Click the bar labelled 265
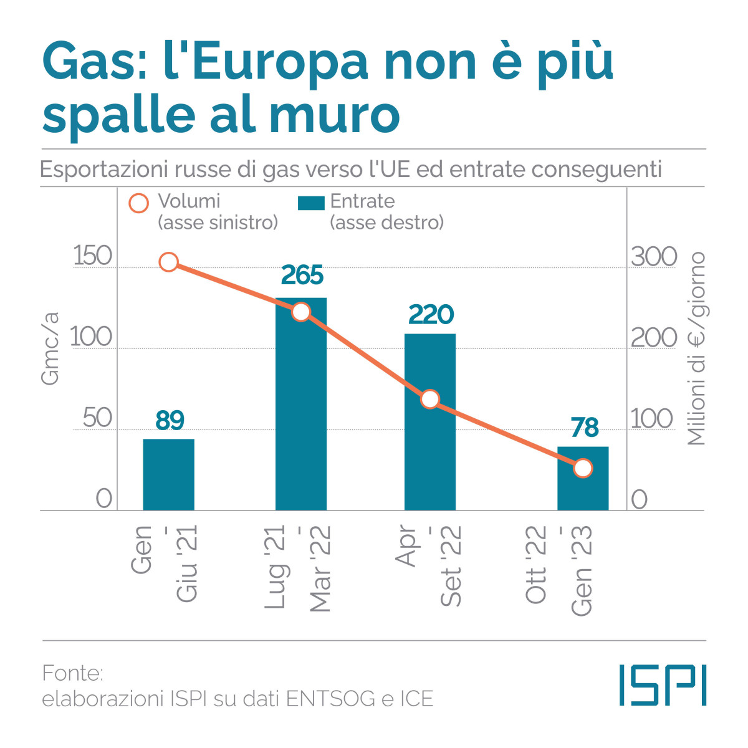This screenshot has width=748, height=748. click(301, 405)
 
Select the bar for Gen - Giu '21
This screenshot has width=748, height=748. click(168, 475)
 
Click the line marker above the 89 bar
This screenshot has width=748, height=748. click(169, 262)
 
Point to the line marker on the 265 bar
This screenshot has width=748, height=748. click(301, 312)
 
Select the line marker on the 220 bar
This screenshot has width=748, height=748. click(430, 399)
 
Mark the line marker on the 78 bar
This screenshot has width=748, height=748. click(583, 468)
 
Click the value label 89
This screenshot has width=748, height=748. click(170, 421)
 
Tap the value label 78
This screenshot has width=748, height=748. click(585, 428)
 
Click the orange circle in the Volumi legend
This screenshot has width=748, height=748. click(138, 203)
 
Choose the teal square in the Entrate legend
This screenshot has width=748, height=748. click(311, 203)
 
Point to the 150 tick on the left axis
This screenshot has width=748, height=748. click(92, 256)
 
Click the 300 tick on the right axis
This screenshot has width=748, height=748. click(654, 257)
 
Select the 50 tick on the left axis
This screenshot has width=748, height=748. click(97, 418)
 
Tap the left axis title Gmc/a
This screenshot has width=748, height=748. click(50, 348)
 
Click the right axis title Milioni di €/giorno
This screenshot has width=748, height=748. click(696, 348)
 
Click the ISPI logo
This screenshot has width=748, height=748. click(663, 685)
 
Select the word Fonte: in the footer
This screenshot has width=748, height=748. click(72, 673)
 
